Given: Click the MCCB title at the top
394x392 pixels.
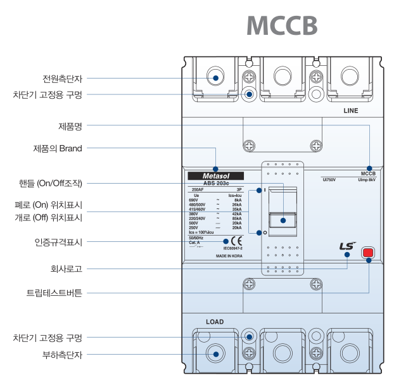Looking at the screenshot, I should pyautogui.click(x=281, y=26).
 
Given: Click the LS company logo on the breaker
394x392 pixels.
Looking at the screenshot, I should pyautogui.click(x=347, y=247).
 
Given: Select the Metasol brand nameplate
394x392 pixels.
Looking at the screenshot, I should pyautogui.click(x=216, y=175).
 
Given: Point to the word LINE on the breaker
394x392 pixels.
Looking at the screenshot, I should pyautogui.click(x=350, y=111).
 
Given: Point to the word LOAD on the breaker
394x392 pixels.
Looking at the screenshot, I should pyautogui.click(x=215, y=322).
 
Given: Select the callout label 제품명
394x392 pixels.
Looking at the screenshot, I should pyautogui.click(x=70, y=125).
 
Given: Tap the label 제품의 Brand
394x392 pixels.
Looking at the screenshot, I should pyautogui.click(x=58, y=149).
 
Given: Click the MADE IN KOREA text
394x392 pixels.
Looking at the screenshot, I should pyautogui.click(x=229, y=256).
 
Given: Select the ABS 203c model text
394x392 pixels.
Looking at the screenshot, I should pyautogui.click(x=216, y=183).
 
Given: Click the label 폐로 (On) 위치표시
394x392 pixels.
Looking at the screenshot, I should pyautogui.click(x=49, y=205).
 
